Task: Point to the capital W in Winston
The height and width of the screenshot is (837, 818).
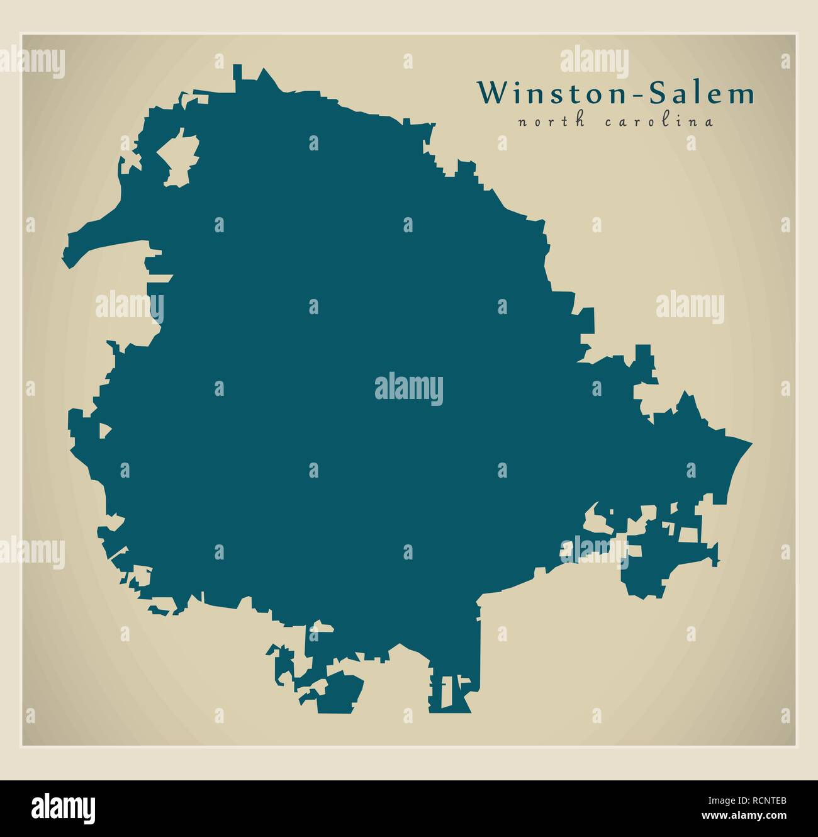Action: [489, 93]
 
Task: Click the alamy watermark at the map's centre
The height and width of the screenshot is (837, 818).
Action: [409, 388]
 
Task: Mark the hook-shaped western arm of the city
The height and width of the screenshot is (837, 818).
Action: [94, 239]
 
